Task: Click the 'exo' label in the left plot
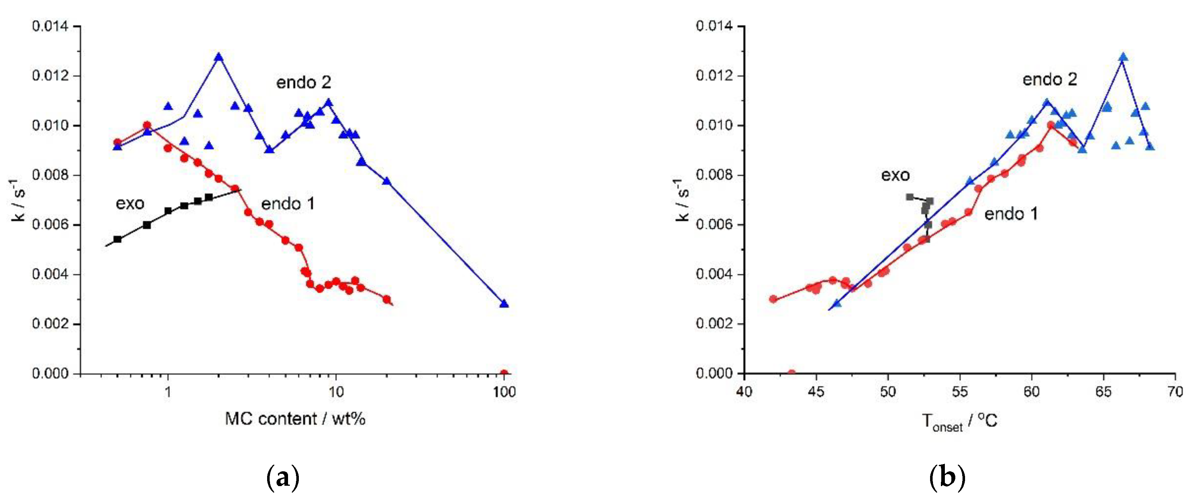tap(130, 203)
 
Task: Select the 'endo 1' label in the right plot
tap(1011, 214)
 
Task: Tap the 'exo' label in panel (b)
tap(895, 175)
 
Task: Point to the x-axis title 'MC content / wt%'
tap(295, 419)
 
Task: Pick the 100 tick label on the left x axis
tap(504, 392)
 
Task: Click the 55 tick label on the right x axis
tap(960, 392)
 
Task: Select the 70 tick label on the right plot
tap(1175, 392)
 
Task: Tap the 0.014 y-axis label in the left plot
tap(50, 26)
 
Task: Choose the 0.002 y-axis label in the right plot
tap(714, 324)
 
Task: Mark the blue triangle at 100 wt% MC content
tap(504, 304)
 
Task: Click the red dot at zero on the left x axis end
tap(504, 373)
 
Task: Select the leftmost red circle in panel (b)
tap(773, 299)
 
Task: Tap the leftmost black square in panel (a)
tap(117, 239)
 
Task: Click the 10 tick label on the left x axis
tap(336, 392)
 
